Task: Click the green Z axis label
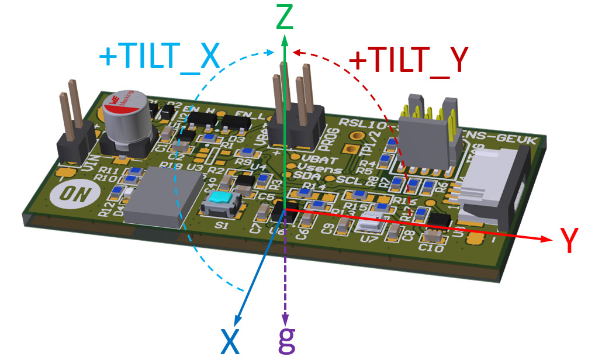(285, 18)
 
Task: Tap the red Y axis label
(569, 240)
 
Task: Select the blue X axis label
(230, 342)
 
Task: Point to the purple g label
(286, 341)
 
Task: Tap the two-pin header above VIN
(75, 126)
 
